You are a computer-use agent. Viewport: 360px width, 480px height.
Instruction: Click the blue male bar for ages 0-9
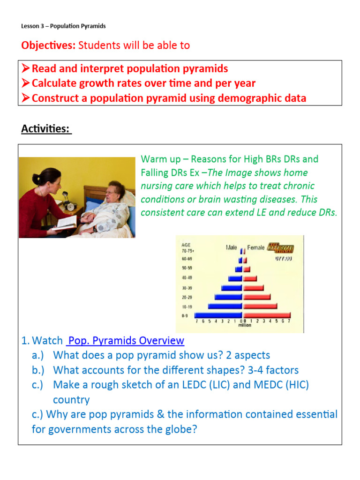click(x=218, y=315)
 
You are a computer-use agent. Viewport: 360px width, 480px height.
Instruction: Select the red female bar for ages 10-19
click(x=260, y=306)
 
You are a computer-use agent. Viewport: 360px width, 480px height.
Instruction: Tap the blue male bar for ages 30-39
click(x=232, y=288)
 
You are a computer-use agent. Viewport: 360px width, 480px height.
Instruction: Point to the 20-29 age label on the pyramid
click(x=187, y=297)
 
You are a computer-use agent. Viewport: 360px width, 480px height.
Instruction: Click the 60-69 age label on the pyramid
click(x=187, y=259)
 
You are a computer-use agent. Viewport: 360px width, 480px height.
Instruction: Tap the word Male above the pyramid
click(x=231, y=247)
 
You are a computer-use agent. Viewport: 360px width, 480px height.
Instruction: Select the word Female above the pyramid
click(x=256, y=247)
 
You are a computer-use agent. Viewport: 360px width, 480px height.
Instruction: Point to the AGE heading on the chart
click(x=186, y=244)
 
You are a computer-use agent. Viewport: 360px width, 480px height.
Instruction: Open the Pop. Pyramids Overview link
click(x=126, y=340)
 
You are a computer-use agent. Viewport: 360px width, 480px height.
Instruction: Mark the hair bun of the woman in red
click(x=37, y=178)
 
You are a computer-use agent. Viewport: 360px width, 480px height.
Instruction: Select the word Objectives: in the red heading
click(x=48, y=45)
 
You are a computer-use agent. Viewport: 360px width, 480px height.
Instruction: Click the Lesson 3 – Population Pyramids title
click(x=63, y=26)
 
